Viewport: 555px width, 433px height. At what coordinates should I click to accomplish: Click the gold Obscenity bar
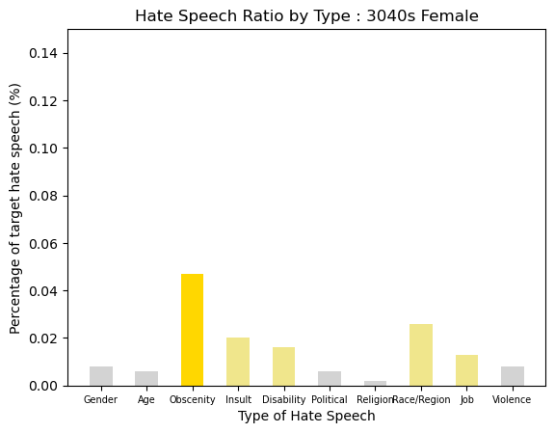tap(192, 330)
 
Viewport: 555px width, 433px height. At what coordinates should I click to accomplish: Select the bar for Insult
tap(238, 362)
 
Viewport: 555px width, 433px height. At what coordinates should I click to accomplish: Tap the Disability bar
tap(283, 366)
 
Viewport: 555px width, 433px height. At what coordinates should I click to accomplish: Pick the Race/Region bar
tap(421, 355)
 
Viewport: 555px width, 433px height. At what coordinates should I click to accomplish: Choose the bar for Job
tap(466, 370)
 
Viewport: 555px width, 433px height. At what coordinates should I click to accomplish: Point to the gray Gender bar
tap(101, 376)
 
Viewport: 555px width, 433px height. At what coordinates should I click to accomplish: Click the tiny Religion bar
tap(375, 384)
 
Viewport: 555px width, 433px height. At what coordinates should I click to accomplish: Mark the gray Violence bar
tap(513, 376)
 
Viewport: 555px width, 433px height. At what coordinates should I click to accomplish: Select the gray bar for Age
tap(146, 378)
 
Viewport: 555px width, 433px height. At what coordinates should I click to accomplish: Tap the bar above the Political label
tap(330, 378)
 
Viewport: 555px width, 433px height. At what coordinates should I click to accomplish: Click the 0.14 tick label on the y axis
tap(42, 53)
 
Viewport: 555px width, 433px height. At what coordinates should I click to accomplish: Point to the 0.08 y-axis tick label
tap(42, 196)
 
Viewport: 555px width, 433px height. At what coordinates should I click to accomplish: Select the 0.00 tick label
tap(42, 386)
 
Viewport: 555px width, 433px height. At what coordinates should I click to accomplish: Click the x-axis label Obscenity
tap(192, 399)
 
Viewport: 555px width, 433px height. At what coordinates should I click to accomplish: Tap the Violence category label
tap(512, 399)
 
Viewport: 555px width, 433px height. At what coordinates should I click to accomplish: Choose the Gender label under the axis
tap(100, 399)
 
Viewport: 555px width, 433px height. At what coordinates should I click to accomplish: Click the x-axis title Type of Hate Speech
tap(306, 416)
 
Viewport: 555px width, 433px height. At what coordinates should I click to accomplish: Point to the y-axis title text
tap(14, 208)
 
